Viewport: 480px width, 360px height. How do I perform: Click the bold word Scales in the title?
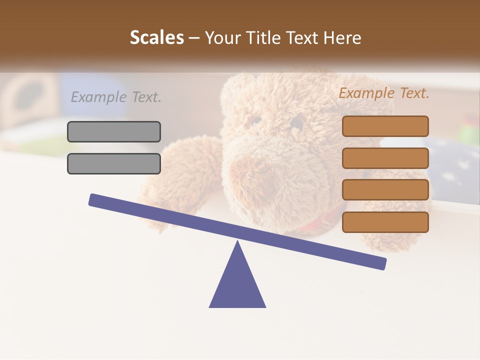tap(156, 37)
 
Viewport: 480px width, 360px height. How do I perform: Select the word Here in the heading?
tap(342, 37)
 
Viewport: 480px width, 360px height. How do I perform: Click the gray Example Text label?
tap(116, 97)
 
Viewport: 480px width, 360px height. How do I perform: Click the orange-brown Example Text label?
tap(384, 93)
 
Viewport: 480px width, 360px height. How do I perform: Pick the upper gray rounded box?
tap(114, 131)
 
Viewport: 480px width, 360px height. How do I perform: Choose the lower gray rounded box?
tap(114, 163)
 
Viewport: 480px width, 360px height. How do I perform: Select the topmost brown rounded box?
tap(385, 126)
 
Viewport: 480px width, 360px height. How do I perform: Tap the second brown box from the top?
tap(385, 158)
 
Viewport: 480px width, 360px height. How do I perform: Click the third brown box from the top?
tap(385, 190)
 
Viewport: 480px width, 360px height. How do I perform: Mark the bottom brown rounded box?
tap(385, 222)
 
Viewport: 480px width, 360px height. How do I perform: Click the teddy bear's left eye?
tap(256, 120)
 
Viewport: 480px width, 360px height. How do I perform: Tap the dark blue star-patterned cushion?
tap(452, 160)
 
